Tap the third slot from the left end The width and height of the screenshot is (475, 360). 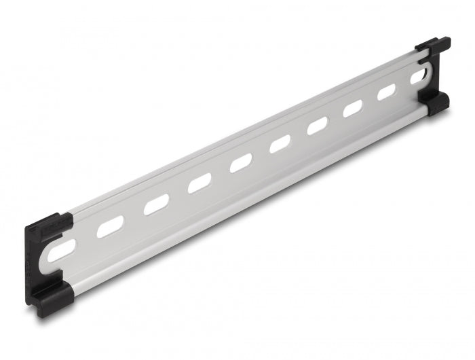(156, 204)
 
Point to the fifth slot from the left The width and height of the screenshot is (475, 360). (241, 164)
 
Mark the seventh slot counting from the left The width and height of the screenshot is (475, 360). (318, 126)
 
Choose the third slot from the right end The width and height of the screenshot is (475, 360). (354, 109)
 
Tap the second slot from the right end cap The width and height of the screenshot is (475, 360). (387, 93)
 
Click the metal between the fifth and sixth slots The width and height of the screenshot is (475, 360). (261, 154)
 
